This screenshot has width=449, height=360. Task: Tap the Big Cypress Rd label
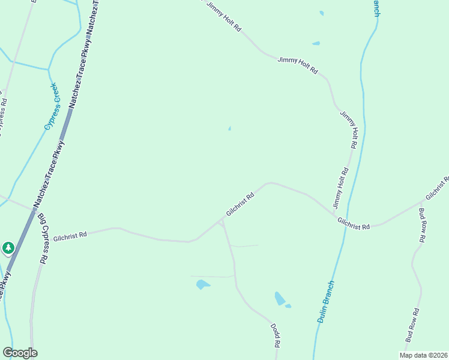point(42,239)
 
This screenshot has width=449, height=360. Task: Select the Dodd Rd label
point(276,336)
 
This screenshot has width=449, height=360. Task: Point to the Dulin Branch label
point(325,302)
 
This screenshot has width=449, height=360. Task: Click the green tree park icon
point(8,247)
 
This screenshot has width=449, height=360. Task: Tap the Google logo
point(20,353)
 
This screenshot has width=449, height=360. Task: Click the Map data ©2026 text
point(423,355)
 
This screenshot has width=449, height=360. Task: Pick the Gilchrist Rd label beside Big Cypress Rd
point(70,236)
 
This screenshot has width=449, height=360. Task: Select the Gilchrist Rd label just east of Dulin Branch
point(354,223)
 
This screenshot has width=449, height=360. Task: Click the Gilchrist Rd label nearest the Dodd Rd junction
point(241,205)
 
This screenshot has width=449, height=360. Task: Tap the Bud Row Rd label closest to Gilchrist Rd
point(422,225)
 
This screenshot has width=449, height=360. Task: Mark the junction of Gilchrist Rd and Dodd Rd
point(221,220)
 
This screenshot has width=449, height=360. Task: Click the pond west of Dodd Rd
point(203,284)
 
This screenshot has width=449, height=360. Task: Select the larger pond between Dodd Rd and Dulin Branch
point(279,298)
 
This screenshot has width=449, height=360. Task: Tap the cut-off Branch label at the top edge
point(376,8)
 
